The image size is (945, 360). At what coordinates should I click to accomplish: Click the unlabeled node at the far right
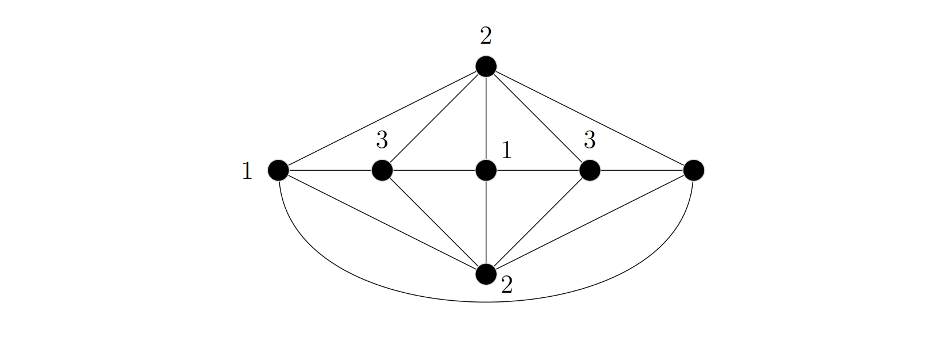point(694,170)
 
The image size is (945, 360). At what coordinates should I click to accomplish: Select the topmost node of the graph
point(486,67)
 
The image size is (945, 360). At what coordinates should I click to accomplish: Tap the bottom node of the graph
point(486,274)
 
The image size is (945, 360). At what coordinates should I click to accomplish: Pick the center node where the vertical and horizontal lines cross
point(486,170)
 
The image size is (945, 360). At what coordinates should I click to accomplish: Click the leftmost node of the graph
point(278,170)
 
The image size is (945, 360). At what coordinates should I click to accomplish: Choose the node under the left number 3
point(382,170)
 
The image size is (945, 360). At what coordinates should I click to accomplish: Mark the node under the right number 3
point(590,170)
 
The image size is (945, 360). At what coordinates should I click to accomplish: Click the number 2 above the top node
point(486,36)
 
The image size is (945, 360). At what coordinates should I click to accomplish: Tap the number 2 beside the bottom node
point(506,285)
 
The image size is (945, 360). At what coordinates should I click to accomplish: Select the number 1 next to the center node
point(506,150)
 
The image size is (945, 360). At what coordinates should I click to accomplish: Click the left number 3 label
point(382,140)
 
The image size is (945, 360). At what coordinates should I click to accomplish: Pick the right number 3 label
point(590,140)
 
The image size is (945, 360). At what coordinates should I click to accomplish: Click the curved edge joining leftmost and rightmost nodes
point(486,302)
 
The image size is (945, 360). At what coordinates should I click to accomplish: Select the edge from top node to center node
point(486,118)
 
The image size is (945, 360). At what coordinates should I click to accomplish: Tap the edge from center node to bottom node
point(486,223)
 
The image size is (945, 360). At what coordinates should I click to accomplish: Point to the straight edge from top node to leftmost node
point(382,118)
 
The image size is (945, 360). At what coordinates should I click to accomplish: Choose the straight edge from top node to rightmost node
point(590,118)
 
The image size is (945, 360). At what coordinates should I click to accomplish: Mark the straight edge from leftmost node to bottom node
point(382,223)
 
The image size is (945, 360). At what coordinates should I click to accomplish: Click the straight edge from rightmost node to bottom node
point(590,223)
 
